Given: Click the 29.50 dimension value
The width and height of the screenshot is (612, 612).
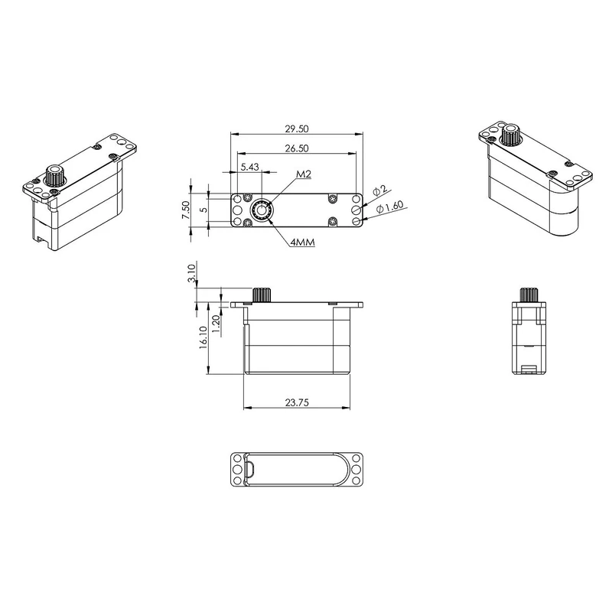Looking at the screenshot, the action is (x=297, y=129).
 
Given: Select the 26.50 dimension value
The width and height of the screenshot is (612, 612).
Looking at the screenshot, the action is (x=297, y=148).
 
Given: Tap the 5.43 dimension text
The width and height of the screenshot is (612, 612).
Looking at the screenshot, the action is (x=250, y=167).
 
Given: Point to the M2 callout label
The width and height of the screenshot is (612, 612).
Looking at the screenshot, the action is (x=304, y=174).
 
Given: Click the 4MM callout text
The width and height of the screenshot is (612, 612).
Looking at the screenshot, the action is (x=302, y=243).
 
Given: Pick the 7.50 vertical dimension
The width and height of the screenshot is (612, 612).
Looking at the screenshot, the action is (x=186, y=210).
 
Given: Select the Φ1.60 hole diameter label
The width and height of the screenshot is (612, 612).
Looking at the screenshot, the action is (x=389, y=207).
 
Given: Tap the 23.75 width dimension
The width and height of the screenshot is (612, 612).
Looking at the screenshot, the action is (x=297, y=402).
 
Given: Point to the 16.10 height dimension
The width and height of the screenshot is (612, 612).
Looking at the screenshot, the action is (x=203, y=337).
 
